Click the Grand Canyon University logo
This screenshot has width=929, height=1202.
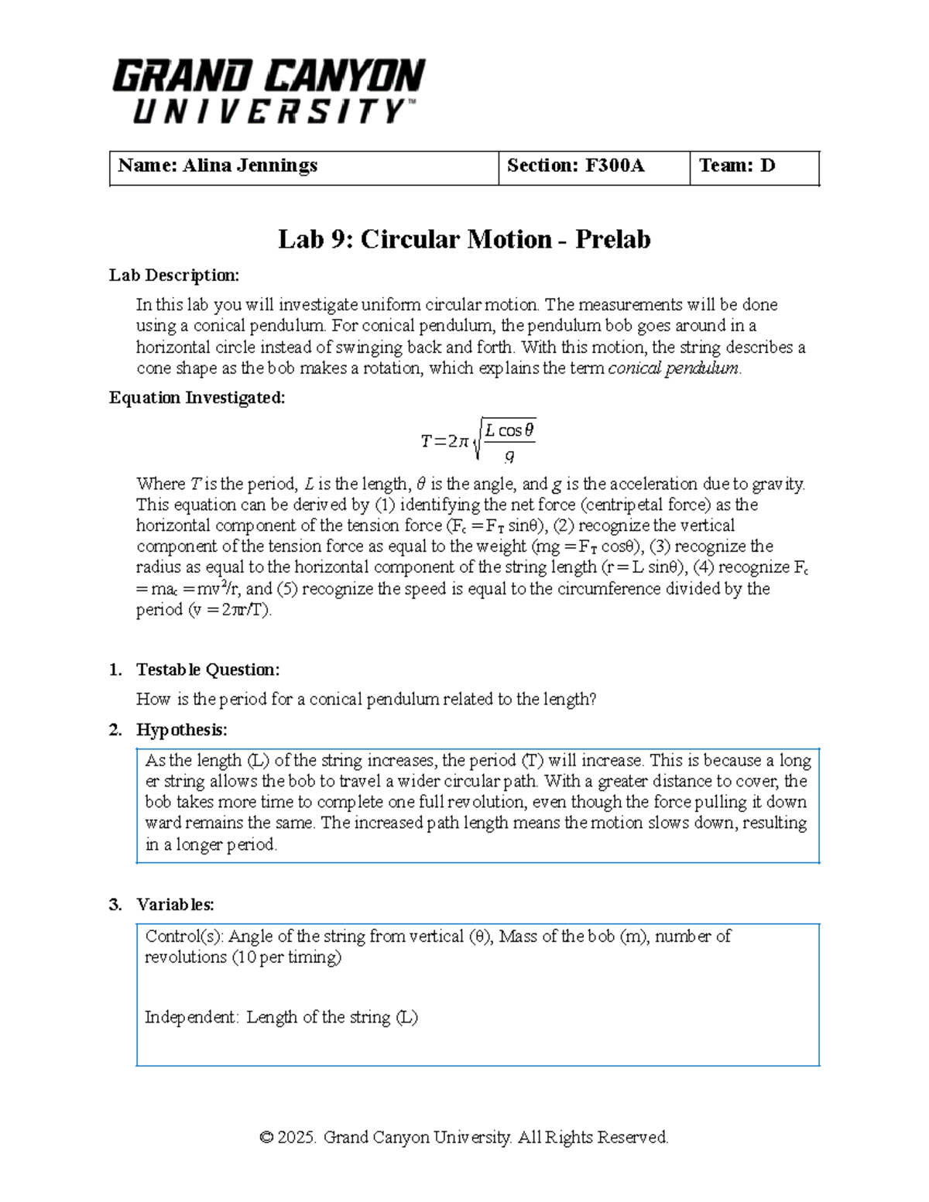click(x=268, y=91)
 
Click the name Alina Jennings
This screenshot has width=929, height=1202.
click(x=249, y=166)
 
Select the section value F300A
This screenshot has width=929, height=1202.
click(x=615, y=166)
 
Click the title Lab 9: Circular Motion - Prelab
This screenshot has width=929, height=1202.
click(x=464, y=239)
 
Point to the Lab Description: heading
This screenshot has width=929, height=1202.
click(x=174, y=276)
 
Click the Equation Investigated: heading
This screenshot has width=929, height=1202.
click(x=197, y=398)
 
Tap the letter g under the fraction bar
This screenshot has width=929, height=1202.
click(x=509, y=455)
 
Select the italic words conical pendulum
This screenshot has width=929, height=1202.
click(x=673, y=368)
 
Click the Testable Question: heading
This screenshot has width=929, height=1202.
click(x=207, y=669)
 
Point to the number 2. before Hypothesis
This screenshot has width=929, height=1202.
click(x=115, y=730)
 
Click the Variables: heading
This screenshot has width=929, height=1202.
click(x=175, y=904)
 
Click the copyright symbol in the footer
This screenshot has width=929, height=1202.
click(x=266, y=1138)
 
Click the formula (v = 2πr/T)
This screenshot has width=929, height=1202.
click(x=229, y=610)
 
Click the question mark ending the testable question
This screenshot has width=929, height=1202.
click(x=592, y=700)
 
